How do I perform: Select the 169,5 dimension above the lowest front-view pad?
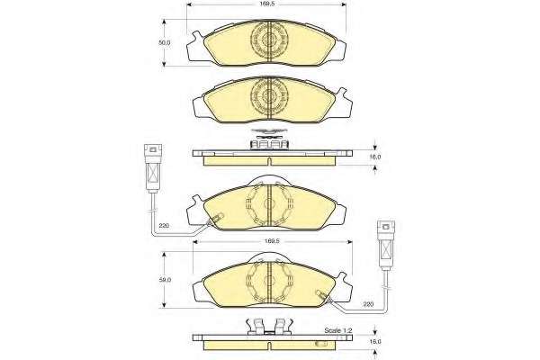[271, 241]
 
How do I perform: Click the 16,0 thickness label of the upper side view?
[375, 157]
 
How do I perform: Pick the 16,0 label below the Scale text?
[375, 342]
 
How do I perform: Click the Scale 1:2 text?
[337, 330]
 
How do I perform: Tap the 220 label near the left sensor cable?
[164, 226]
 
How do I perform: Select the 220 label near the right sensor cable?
[368, 304]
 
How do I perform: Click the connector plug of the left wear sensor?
[153, 168]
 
